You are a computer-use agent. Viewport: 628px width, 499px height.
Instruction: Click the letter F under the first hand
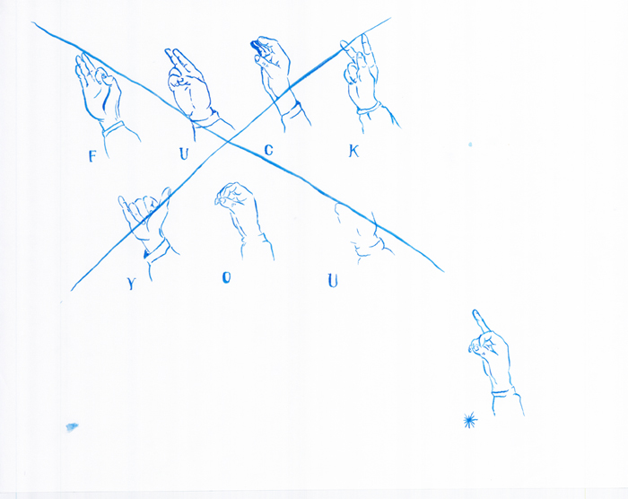(x=92, y=156)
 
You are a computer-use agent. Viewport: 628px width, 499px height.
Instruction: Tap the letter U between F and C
(x=183, y=153)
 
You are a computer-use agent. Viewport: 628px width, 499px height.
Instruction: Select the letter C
(x=269, y=150)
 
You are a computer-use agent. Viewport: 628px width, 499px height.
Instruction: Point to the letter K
(x=353, y=151)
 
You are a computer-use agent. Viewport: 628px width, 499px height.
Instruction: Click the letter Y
(x=131, y=284)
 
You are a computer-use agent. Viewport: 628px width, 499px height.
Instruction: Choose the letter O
(x=226, y=277)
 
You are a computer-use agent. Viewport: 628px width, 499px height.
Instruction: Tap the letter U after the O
(x=333, y=281)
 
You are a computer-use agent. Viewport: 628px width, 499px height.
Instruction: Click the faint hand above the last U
(x=361, y=232)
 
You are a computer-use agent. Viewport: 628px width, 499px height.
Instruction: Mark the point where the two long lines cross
(x=228, y=140)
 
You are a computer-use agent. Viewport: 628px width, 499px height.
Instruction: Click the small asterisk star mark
(x=470, y=420)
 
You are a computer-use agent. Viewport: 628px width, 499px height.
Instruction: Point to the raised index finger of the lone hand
(x=481, y=321)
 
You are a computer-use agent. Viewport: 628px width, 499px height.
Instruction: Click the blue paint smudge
(x=72, y=427)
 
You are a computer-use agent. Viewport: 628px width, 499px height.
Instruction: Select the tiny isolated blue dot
(x=470, y=144)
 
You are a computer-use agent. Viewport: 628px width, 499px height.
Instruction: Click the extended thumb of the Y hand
(x=165, y=197)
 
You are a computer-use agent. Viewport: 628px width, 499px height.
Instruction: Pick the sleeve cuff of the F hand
(x=113, y=127)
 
